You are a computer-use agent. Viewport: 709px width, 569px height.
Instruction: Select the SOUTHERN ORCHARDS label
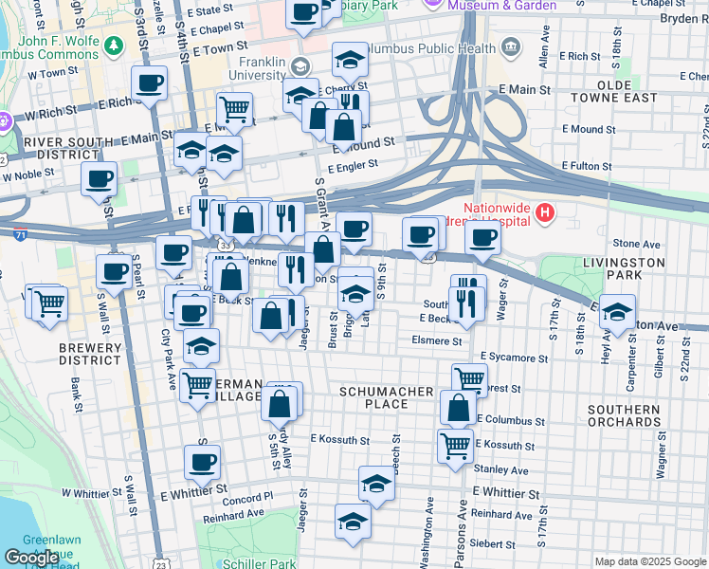point(623,416)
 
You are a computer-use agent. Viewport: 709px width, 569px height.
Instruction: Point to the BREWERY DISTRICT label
point(90,354)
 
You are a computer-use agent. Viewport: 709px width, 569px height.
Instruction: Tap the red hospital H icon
point(544,214)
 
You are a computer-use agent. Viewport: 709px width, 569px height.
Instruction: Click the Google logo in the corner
point(31,558)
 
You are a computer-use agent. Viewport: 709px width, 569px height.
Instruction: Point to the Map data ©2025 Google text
point(649,561)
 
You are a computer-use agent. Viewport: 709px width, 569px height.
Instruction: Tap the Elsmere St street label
point(437,340)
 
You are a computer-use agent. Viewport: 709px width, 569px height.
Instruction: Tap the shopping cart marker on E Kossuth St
point(455,444)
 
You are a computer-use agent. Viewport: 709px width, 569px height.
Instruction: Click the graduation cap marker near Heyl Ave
point(617,312)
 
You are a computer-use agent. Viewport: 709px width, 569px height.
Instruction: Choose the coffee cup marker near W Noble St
point(99,178)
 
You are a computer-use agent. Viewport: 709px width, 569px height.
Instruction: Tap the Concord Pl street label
point(249,496)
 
